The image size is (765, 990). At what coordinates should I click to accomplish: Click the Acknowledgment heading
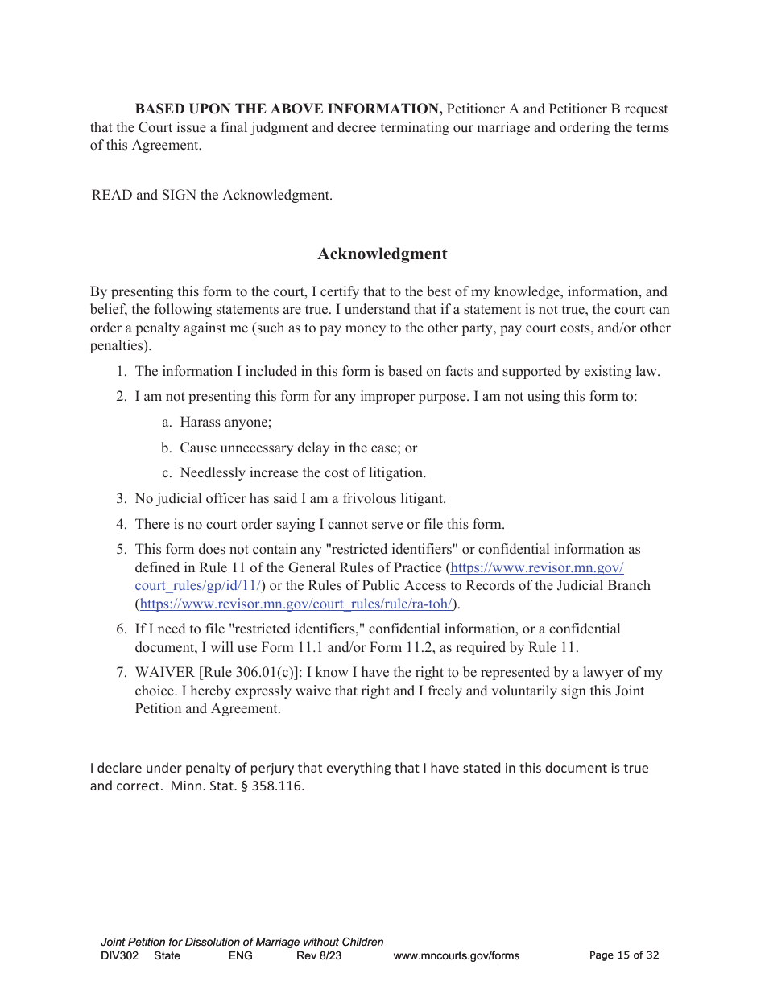pos(382,254)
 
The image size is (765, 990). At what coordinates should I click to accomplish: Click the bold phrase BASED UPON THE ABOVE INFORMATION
pos(288,109)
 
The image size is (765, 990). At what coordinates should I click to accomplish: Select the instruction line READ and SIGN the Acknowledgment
pos(212,196)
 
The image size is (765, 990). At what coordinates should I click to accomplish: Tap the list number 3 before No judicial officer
pos(121,499)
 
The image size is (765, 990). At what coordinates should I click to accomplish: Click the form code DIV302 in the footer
pos(120,956)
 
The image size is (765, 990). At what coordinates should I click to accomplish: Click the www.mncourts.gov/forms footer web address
pos(456,956)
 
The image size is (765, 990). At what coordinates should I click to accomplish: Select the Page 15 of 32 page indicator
pos(624,955)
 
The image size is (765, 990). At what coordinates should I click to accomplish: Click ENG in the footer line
pos(240,956)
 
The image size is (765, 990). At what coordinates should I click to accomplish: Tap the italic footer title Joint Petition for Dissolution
pos(242,942)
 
